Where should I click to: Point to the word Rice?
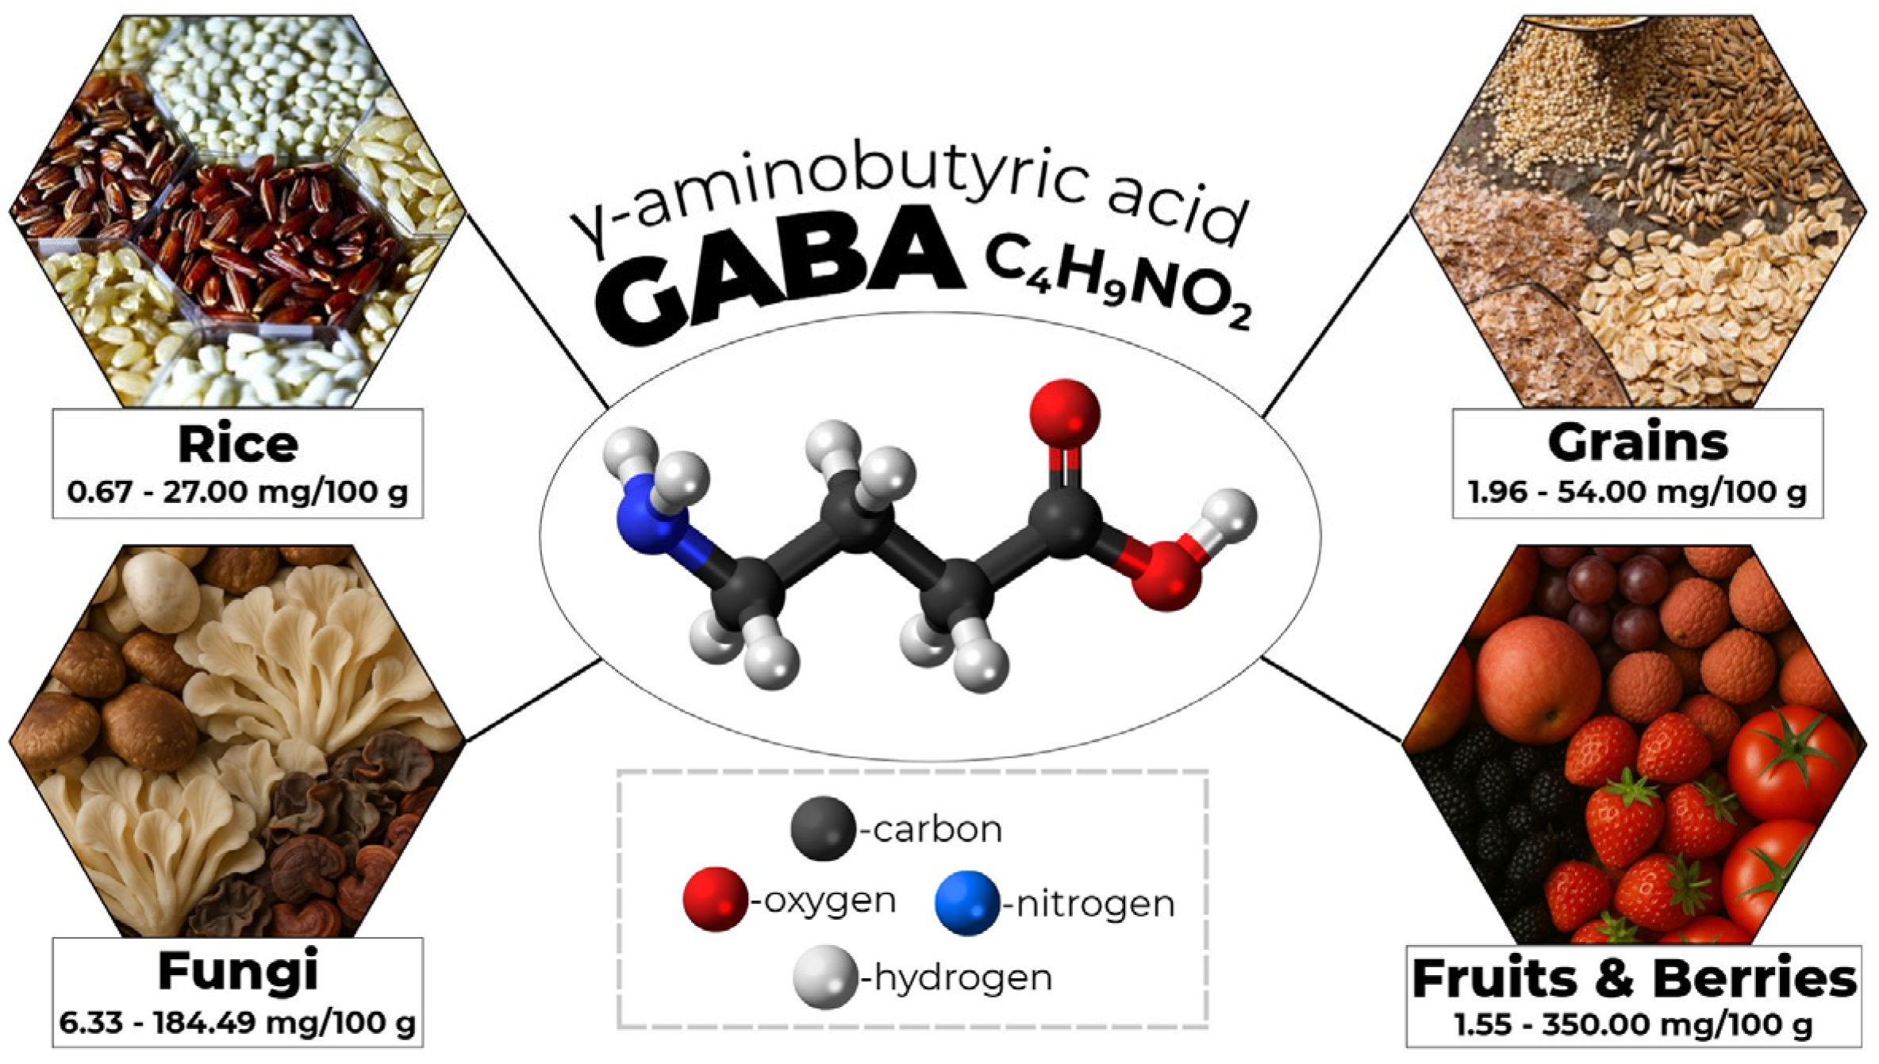point(237,444)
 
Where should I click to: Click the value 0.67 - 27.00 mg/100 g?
point(237,492)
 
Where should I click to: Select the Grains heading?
point(1638,443)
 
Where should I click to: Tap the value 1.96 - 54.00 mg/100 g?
point(1638,492)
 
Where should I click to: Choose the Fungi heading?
point(237,971)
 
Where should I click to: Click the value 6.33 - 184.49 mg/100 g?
point(237,1023)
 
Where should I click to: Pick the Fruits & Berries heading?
point(1635,978)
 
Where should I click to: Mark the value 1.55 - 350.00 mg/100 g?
point(1635,1025)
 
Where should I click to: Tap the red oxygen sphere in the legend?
point(715,900)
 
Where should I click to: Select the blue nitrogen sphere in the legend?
point(966,903)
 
